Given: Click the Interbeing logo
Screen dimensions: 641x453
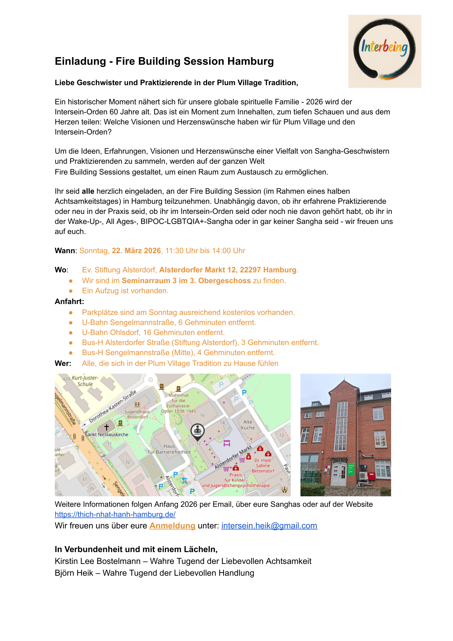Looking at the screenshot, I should tap(384, 51).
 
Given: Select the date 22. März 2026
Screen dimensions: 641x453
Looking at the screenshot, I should tap(136, 251).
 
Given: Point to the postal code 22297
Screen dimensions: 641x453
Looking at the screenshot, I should tap(250, 270).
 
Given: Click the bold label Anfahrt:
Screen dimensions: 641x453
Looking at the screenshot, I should tap(69, 302).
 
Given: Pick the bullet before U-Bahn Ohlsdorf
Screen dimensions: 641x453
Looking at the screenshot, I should tap(71, 333).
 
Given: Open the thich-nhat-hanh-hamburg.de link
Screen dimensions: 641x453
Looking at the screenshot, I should tap(115, 514).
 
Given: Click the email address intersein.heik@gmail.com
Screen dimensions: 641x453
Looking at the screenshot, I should tap(269, 526).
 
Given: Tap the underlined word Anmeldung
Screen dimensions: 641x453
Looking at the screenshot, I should tap(172, 526).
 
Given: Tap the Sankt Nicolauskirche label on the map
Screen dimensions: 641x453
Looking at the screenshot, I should tap(107, 435).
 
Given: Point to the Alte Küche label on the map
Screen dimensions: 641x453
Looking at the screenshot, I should tap(248, 425).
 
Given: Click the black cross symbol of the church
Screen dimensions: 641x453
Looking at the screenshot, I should tap(106, 427).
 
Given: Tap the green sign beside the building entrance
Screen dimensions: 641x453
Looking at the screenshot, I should tap(351, 469).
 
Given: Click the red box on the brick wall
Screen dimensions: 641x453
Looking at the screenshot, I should tap(372, 477).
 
